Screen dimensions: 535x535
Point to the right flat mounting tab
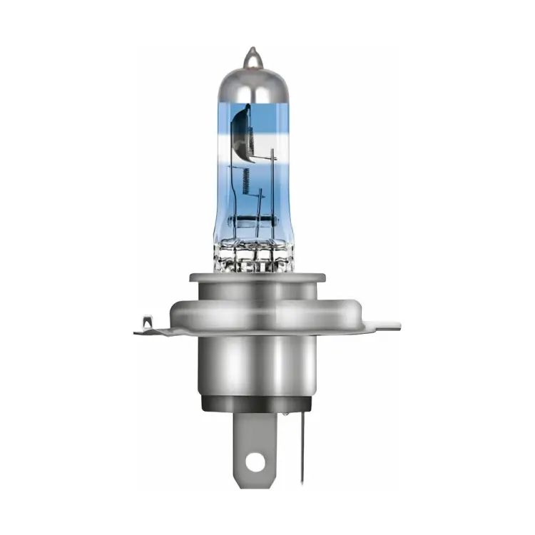coord(382,327)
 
